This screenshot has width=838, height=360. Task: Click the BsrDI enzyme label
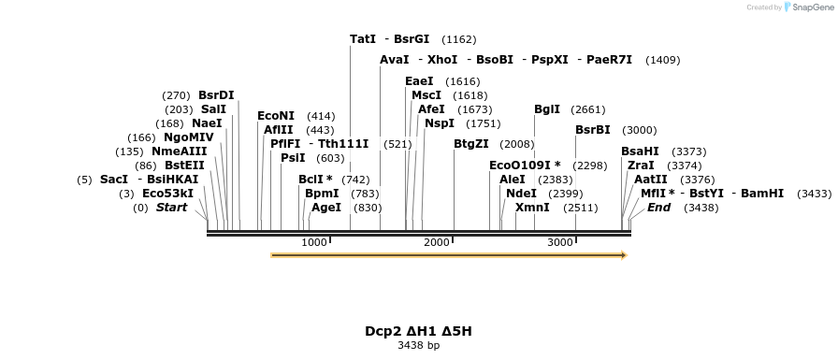pyautogui.click(x=216, y=94)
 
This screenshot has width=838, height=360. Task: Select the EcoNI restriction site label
pyautogui.click(x=276, y=116)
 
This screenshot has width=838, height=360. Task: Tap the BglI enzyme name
pyautogui.click(x=547, y=109)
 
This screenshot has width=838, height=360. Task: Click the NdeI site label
pyautogui.click(x=522, y=194)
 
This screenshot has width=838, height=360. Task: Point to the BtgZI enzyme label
pyautogui.click(x=471, y=144)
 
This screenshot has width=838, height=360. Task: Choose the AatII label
pyautogui.click(x=651, y=180)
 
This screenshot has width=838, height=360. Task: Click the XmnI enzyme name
pyautogui.click(x=533, y=208)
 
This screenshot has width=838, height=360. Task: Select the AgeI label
pyautogui.click(x=326, y=208)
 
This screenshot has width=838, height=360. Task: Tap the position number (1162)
pyautogui.click(x=459, y=39)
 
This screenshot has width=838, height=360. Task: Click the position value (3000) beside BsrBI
pyautogui.click(x=640, y=130)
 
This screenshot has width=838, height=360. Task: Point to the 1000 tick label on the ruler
pyautogui.click(x=314, y=243)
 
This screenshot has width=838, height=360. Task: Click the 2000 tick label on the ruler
pyautogui.click(x=437, y=243)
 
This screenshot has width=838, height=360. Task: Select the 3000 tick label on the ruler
pyautogui.click(x=560, y=243)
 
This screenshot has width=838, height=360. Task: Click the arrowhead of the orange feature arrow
pyautogui.click(x=624, y=254)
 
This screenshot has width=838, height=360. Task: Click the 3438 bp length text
pyautogui.click(x=418, y=346)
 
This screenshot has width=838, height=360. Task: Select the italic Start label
pyautogui.click(x=171, y=208)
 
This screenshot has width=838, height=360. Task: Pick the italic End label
pyautogui.click(x=658, y=208)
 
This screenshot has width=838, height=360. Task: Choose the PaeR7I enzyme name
pyautogui.click(x=609, y=60)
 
